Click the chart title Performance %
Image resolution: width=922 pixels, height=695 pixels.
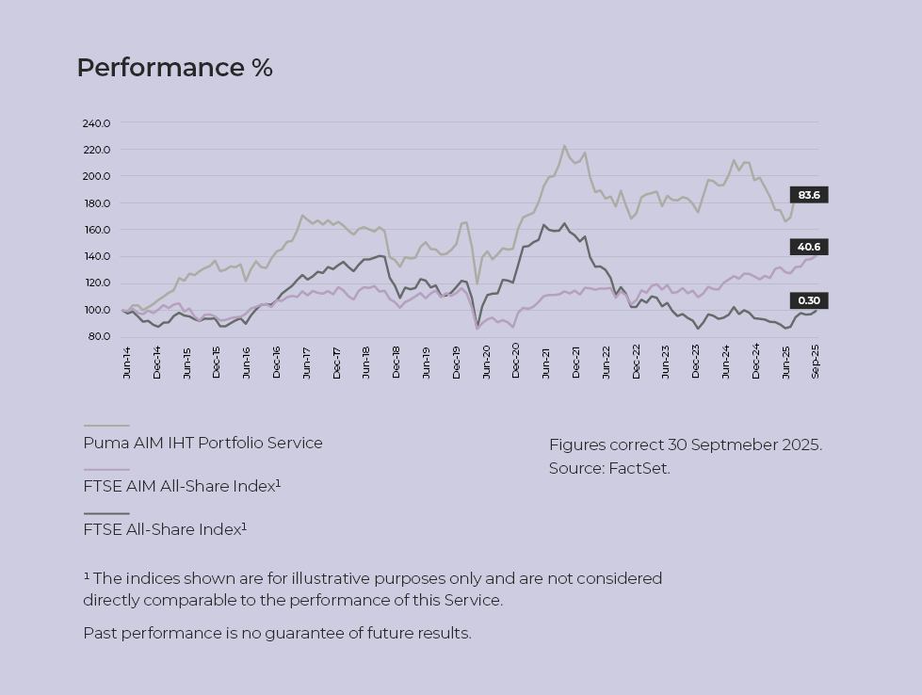tap(174, 68)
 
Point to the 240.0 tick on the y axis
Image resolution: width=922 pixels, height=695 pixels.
tap(96, 123)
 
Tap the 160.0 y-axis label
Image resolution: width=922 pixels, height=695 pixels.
tap(96, 230)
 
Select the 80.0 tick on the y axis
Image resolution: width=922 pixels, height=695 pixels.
tap(98, 336)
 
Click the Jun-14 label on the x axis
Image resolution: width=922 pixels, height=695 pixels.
tap(127, 362)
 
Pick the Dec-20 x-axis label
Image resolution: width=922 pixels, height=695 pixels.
tap(516, 362)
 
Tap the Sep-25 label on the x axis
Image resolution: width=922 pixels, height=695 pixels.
tap(816, 362)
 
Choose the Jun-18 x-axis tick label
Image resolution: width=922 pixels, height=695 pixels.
tap(366, 362)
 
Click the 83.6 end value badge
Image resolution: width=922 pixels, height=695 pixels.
tap(808, 195)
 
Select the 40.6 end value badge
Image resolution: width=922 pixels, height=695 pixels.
tap(808, 247)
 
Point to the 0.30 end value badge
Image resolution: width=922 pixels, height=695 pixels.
tap(808, 301)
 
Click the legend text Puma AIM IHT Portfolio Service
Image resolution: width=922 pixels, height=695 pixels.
tap(202, 443)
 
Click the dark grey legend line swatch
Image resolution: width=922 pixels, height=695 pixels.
tap(106, 513)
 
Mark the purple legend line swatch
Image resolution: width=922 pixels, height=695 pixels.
tap(106, 470)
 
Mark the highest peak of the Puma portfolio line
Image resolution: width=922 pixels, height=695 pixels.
tap(564, 146)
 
